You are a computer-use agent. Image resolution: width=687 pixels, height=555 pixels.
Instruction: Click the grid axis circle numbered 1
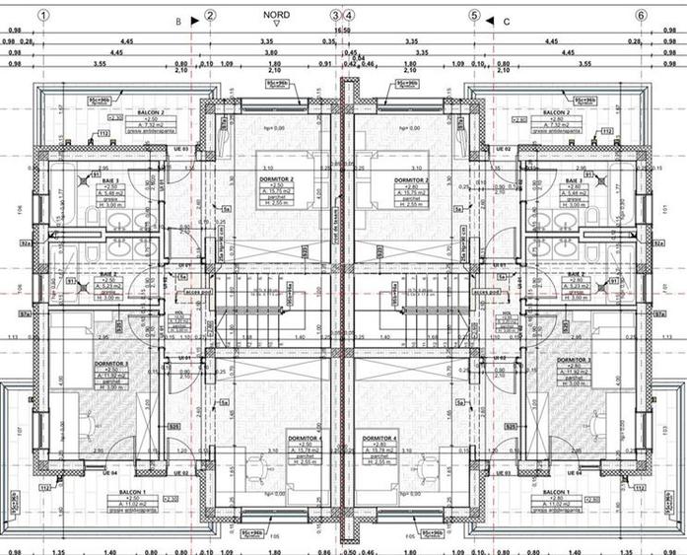tap(43, 16)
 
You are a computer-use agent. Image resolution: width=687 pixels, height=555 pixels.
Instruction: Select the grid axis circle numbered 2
tap(210, 16)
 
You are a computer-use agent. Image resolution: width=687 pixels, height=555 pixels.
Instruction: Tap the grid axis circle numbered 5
tap(474, 16)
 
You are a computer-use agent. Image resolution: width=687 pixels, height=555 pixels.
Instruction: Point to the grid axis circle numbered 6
tap(641, 16)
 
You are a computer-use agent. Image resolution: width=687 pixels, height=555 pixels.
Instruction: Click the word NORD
tap(277, 16)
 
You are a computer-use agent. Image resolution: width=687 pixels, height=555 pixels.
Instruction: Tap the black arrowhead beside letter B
tap(194, 18)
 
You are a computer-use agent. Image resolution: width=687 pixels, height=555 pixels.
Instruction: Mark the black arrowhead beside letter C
tap(490, 18)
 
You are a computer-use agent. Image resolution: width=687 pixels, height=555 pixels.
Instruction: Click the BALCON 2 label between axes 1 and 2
tap(151, 113)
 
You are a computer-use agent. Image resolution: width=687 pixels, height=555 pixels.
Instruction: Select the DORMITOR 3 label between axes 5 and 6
tap(575, 361)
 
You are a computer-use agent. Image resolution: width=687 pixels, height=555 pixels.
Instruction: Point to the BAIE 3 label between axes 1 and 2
tap(110, 181)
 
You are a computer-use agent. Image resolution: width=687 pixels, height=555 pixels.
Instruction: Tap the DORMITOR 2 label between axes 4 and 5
tap(408, 180)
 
